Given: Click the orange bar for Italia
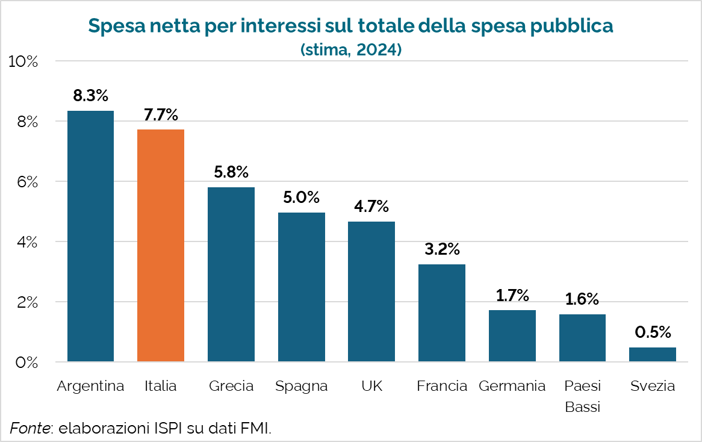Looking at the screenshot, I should (x=161, y=246).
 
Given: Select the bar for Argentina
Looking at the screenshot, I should (x=90, y=236).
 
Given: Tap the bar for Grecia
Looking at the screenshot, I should (x=231, y=274).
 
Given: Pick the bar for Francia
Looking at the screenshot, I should (x=442, y=313).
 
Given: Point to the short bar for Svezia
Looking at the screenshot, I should (x=653, y=355).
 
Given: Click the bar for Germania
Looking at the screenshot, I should (x=512, y=336).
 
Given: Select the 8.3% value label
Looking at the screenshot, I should (x=90, y=95).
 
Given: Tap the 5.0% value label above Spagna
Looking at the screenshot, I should (x=301, y=197).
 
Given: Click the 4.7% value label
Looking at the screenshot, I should (x=371, y=206).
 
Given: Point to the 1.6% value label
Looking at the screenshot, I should (x=582, y=299).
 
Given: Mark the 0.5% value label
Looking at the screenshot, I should (x=653, y=332).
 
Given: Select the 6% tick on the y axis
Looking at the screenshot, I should (x=26, y=182).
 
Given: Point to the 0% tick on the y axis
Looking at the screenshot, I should (x=26, y=363).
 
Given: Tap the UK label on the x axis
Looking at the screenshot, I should (x=371, y=386).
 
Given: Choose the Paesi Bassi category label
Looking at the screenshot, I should (x=582, y=396).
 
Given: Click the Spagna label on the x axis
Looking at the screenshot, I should (x=301, y=386).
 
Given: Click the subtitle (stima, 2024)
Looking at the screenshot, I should (x=351, y=50).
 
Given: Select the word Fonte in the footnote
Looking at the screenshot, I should (x=30, y=429).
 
